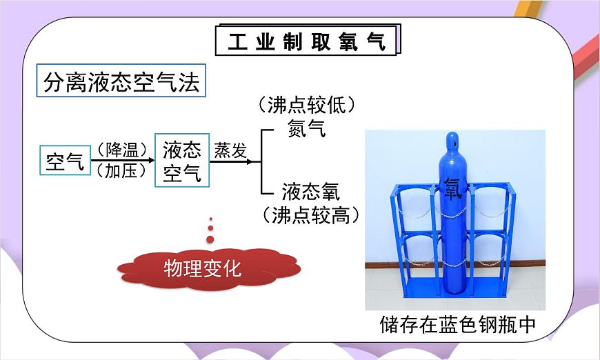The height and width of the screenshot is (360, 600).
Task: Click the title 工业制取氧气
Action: tap(307, 42)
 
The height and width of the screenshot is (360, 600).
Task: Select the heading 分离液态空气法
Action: tap(121, 83)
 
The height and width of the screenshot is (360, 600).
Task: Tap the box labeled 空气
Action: tap(65, 162)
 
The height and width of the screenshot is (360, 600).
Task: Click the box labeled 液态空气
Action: tap(182, 161)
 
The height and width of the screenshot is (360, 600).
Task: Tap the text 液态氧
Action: tap(310, 191)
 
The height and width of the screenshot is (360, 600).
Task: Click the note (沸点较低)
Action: tap(307, 105)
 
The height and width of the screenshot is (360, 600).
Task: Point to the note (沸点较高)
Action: tap(312, 214)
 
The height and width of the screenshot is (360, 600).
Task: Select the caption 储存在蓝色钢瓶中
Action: tap(457, 325)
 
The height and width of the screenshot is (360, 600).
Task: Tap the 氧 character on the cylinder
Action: tap(453, 188)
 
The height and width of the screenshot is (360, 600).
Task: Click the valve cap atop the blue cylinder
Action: tap(454, 138)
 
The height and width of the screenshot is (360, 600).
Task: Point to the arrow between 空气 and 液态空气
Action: tap(122, 161)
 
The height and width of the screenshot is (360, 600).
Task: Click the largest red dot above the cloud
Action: tap(210, 239)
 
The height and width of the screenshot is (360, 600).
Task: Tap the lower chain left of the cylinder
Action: tap(417, 260)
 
